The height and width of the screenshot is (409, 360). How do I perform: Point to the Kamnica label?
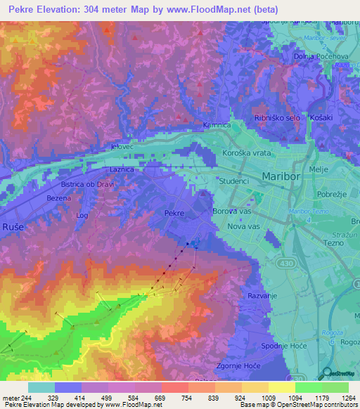[217, 125]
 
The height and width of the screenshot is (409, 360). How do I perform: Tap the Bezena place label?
[59, 199]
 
